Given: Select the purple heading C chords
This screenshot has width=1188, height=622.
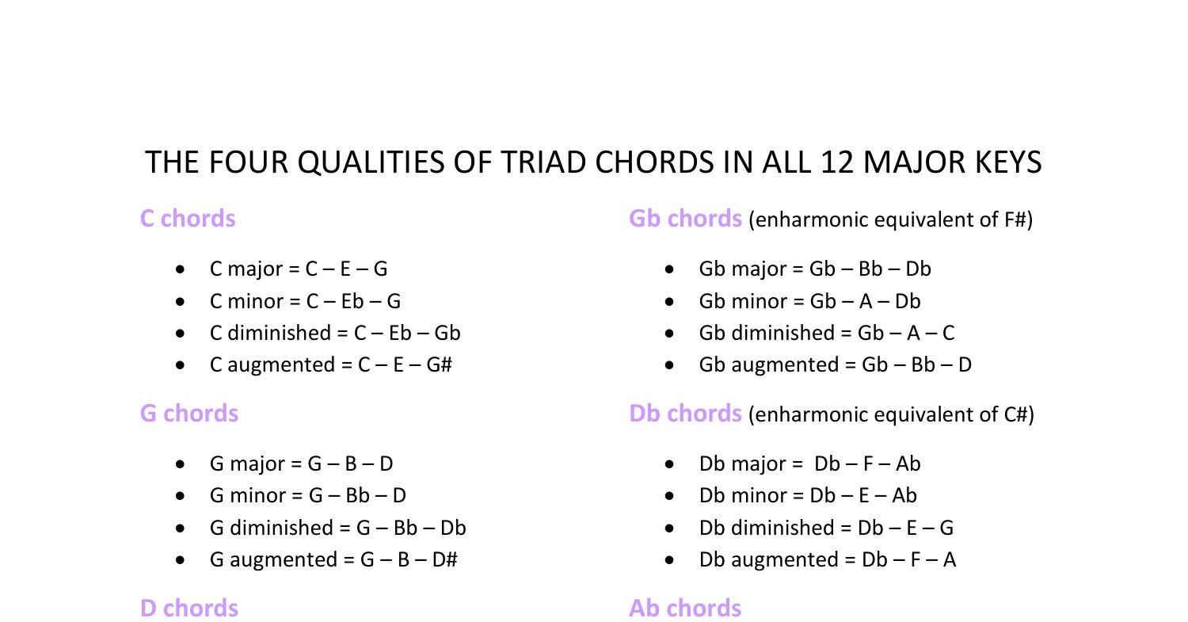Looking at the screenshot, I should (188, 219).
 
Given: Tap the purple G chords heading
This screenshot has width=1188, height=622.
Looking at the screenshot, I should (189, 414).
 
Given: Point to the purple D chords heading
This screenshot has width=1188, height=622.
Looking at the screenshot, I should (189, 609).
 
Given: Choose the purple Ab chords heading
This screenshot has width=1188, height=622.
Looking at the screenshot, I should (685, 609).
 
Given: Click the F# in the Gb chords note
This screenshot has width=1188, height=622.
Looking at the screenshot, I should (1015, 219).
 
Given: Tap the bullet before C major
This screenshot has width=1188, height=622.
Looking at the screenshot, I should (183, 269).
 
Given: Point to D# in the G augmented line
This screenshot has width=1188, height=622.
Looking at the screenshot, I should (445, 559).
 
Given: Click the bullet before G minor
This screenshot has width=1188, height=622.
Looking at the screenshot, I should (183, 496).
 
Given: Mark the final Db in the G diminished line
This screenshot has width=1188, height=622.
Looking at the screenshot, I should (452, 528).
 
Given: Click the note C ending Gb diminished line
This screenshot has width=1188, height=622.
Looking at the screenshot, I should (948, 333).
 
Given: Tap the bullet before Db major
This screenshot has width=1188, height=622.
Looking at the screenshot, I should (672, 464).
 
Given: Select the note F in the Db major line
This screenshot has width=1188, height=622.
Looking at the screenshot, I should (868, 464).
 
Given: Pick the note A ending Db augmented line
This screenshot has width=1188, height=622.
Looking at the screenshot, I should (950, 559).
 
